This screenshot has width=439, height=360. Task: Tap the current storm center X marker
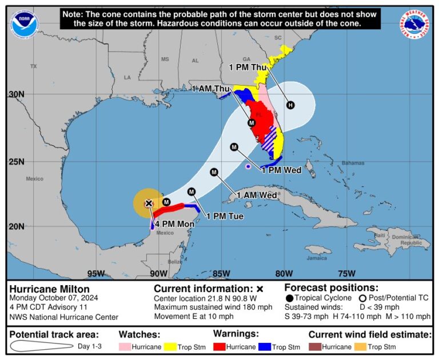[149, 203]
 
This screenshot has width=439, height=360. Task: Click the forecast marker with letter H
[290, 105]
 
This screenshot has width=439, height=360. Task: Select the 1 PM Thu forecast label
[249, 67]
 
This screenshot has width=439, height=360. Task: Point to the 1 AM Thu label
[210, 88]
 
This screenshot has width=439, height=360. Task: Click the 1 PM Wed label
[281, 170]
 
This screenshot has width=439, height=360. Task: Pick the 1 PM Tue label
[225, 216]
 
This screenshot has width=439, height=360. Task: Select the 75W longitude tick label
[346, 273]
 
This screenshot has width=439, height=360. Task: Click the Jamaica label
[318, 258]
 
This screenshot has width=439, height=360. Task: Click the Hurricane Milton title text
[49, 289]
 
